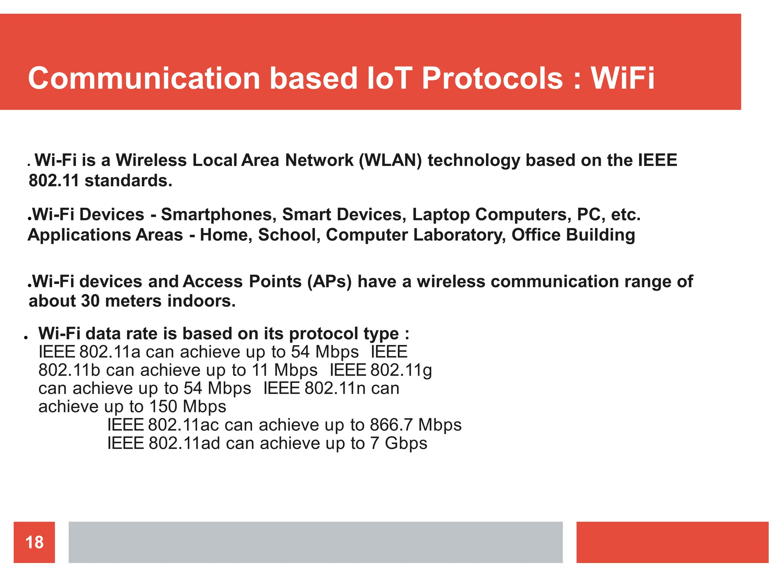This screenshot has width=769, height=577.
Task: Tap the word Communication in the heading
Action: click(x=144, y=79)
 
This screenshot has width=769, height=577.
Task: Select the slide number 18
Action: click(x=34, y=542)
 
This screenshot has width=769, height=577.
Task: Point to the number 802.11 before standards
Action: click(x=54, y=181)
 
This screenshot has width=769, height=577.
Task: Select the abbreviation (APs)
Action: click(x=329, y=282)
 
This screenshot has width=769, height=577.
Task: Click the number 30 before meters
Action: click(x=90, y=301)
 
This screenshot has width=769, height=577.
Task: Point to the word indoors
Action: click(x=201, y=301)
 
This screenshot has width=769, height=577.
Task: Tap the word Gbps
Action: click(x=406, y=444)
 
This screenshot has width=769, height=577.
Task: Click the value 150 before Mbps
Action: click(x=163, y=407)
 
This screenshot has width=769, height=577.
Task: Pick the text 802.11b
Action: click(x=69, y=370)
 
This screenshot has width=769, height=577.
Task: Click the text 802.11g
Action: click(x=401, y=370)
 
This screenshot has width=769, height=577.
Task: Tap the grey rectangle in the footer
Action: click(x=315, y=542)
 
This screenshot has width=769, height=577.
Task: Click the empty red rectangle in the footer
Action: click(x=672, y=542)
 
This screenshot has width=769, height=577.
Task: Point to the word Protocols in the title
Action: click(x=492, y=79)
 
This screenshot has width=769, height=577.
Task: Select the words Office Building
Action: click(x=573, y=235)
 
